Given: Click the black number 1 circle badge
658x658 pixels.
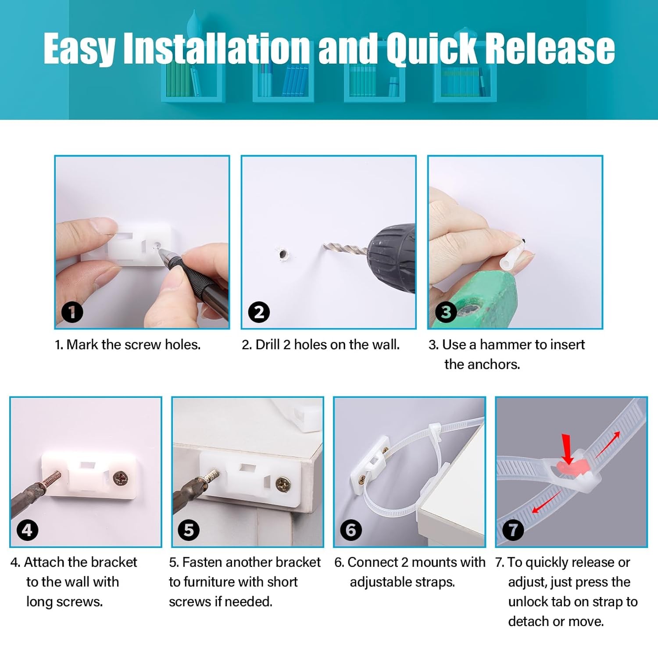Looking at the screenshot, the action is pyautogui.click(x=72, y=312).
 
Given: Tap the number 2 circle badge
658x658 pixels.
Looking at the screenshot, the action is pyautogui.click(x=259, y=312).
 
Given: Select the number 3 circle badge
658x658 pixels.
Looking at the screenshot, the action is pyautogui.click(x=446, y=312).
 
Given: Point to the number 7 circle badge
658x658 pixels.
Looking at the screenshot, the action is pyautogui.click(x=513, y=530).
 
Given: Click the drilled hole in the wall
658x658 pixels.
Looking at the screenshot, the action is pyautogui.click(x=282, y=254).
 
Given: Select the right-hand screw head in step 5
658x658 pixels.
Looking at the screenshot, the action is pyautogui.click(x=283, y=484).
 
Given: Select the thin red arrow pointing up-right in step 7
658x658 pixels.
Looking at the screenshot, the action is pyautogui.click(x=607, y=445).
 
